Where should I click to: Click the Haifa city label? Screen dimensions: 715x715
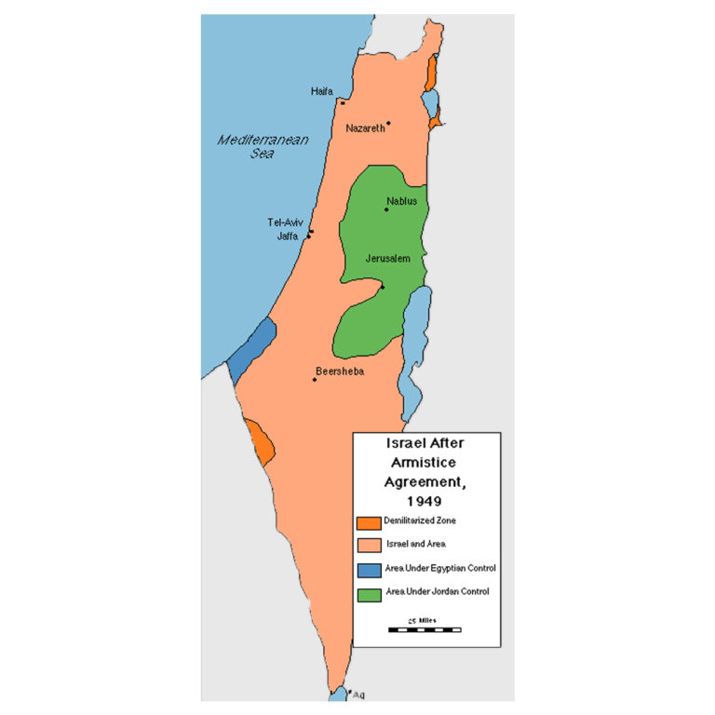321,91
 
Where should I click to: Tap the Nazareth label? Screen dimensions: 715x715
365,128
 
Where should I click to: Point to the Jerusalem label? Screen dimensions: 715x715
387,258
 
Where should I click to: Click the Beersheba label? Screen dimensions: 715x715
339,371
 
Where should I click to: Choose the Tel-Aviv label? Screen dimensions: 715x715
285,223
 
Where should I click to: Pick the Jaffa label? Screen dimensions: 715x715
288,236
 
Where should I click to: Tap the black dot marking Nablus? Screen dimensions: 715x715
386,209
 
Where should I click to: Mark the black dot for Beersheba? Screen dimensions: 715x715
315,380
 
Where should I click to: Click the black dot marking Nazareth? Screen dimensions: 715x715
388,123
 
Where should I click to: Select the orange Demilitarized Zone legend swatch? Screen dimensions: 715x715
369,521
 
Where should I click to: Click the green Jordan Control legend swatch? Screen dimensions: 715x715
369,592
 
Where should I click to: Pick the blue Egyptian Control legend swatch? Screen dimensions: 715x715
369,569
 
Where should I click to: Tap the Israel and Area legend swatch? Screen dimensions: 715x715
369,545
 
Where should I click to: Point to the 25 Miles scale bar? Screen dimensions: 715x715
425,629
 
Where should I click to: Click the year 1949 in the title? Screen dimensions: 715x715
425,501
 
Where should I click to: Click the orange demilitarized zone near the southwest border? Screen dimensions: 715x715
261,443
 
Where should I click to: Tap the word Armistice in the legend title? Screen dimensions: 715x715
425,463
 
